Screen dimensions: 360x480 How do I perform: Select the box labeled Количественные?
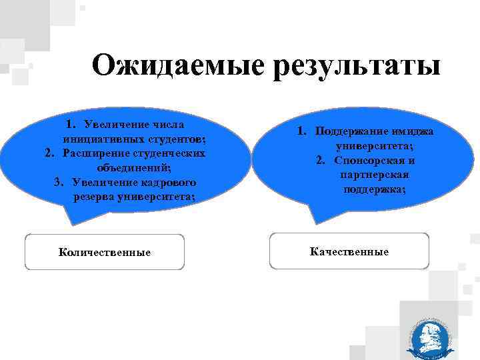tap(104, 252)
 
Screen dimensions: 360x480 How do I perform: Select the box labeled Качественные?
tap(349, 251)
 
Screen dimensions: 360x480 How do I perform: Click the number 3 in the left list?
tap(59, 182)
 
